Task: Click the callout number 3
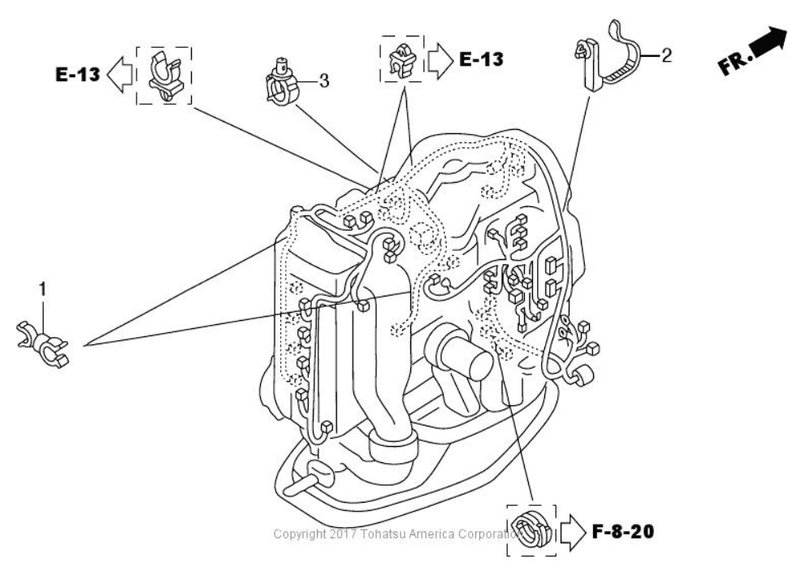coord(323,81)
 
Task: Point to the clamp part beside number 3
coord(282,84)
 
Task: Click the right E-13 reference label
coord(480,58)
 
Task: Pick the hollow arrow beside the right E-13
coord(440,58)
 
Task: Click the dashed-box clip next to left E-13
coord(163,76)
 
